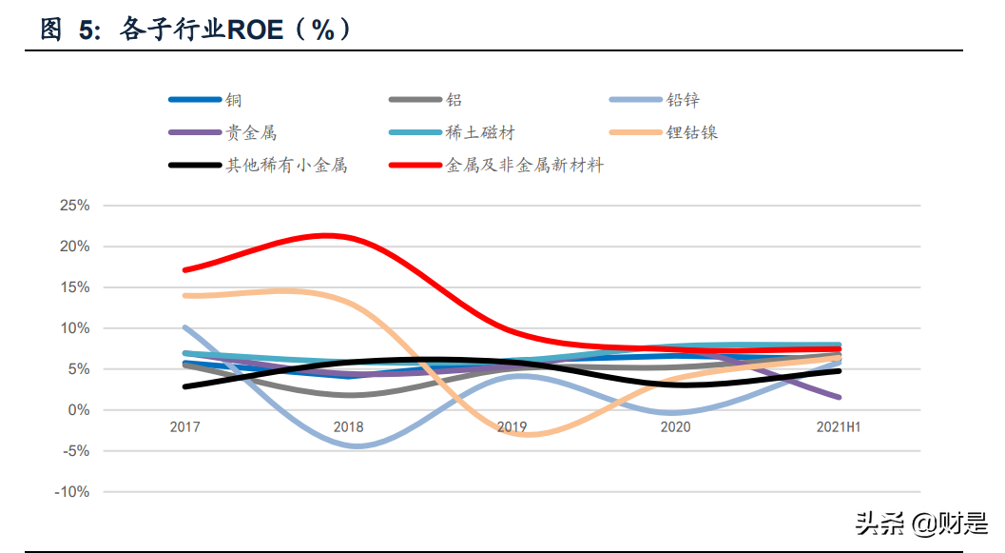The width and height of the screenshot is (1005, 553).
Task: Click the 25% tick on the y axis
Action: click(74, 206)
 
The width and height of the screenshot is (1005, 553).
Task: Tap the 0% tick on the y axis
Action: click(78, 410)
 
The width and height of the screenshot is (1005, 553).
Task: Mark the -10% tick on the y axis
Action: click(72, 492)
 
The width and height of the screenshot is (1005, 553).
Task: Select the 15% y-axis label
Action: click(74, 287)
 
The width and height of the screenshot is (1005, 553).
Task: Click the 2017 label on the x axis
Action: click(184, 427)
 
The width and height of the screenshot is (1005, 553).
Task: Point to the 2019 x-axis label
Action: click(512, 427)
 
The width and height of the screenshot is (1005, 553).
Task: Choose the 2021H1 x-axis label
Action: click(839, 427)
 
